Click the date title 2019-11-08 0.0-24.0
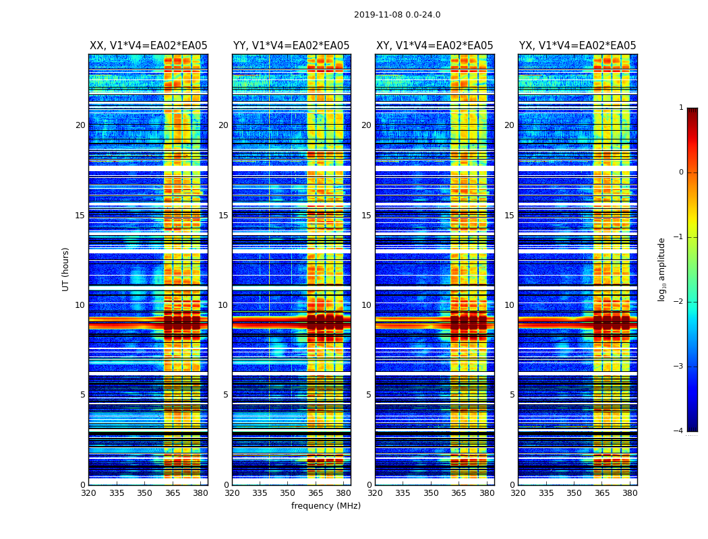(x=397, y=15)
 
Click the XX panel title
(x=148, y=46)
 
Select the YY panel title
(x=291, y=46)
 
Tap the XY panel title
(x=434, y=46)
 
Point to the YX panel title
(x=577, y=46)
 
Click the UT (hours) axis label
(x=65, y=269)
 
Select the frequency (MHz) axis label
(x=326, y=506)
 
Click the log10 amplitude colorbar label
(x=661, y=269)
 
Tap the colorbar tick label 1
(x=681, y=108)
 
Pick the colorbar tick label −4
(x=679, y=431)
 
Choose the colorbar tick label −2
(x=679, y=302)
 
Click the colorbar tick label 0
(x=681, y=172)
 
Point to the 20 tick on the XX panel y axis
(x=80, y=125)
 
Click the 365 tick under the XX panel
(x=173, y=493)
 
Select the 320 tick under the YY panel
(x=232, y=493)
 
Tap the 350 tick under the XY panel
(x=431, y=493)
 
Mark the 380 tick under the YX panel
(x=630, y=493)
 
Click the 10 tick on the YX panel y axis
(x=509, y=305)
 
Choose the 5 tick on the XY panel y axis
(x=369, y=395)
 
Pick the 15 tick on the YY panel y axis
(x=223, y=216)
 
